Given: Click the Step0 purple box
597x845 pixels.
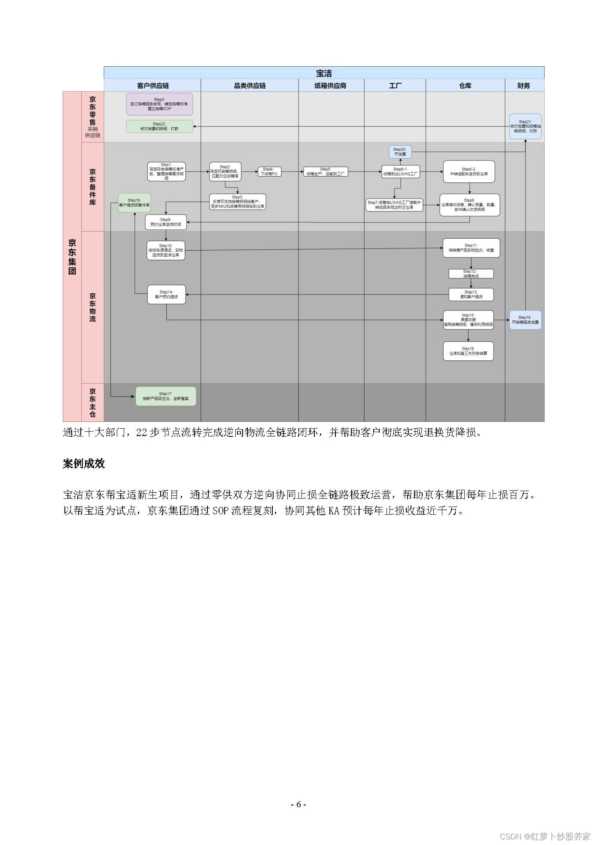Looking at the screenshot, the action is [159, 104].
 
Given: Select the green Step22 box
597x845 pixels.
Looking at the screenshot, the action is [159, 126].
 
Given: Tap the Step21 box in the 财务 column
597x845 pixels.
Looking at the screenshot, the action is [525, 126].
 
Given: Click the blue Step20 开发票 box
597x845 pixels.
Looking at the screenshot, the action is [400, 152].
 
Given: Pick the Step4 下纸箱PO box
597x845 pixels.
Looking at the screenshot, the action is [269, 172].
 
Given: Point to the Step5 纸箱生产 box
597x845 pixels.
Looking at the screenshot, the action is [325, 172].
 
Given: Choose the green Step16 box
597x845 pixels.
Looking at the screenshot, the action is [134, 203].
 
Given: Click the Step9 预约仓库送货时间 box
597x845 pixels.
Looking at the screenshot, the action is [166, 222].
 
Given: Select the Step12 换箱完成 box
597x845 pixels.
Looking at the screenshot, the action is [471, 273].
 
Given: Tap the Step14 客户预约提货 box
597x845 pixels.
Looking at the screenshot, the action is [166, 295].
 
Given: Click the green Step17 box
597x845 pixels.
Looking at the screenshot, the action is [166, 396].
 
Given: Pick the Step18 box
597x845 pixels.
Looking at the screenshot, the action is [468, 351].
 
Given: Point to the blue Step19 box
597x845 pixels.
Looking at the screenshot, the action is [525, 320].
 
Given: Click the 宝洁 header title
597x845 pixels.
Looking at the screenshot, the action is [324, 73].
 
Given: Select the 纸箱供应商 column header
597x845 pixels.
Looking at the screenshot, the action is [331, 86].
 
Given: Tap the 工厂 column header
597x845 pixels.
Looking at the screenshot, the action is [395, 86].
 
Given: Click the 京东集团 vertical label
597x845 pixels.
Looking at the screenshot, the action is [72, 256].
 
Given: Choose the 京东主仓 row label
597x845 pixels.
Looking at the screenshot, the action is [92, 403].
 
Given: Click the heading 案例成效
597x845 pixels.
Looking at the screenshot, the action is [84, 464].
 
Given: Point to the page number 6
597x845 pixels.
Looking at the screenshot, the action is [298, 805].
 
